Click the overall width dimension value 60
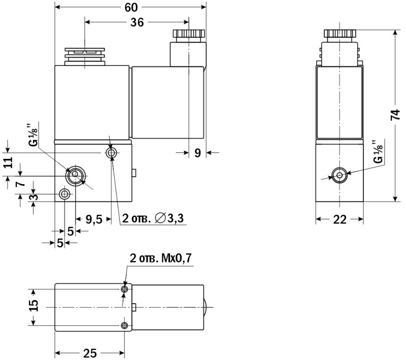click(x=131, y=7)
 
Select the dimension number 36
click(x=137, y=22)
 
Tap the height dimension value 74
click(x=395, y=115)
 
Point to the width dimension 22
click(x=340, y=220)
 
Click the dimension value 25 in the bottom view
click(x=90, y=353)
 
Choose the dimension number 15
click(x=33, y=305)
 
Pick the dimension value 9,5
click(x=94, y=220)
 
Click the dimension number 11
click(x=9, y=162)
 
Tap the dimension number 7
click(x=20, y=184)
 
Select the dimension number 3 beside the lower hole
click(x=33, y=198)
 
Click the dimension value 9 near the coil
click(x=197, y=153)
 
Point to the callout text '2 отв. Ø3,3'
click(x=153, y=218)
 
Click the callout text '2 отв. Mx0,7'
click(x=160, y=258)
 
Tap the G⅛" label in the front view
click(x=33, y=134)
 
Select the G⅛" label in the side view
click(x=378, y=152)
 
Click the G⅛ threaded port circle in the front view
click(x=75, y=174)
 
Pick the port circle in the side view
click(x=340, y=175)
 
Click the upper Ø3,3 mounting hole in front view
click(x=112, y=153)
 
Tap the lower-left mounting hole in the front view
click(x=64, y=194)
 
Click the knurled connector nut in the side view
click(x=340, y=33)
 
